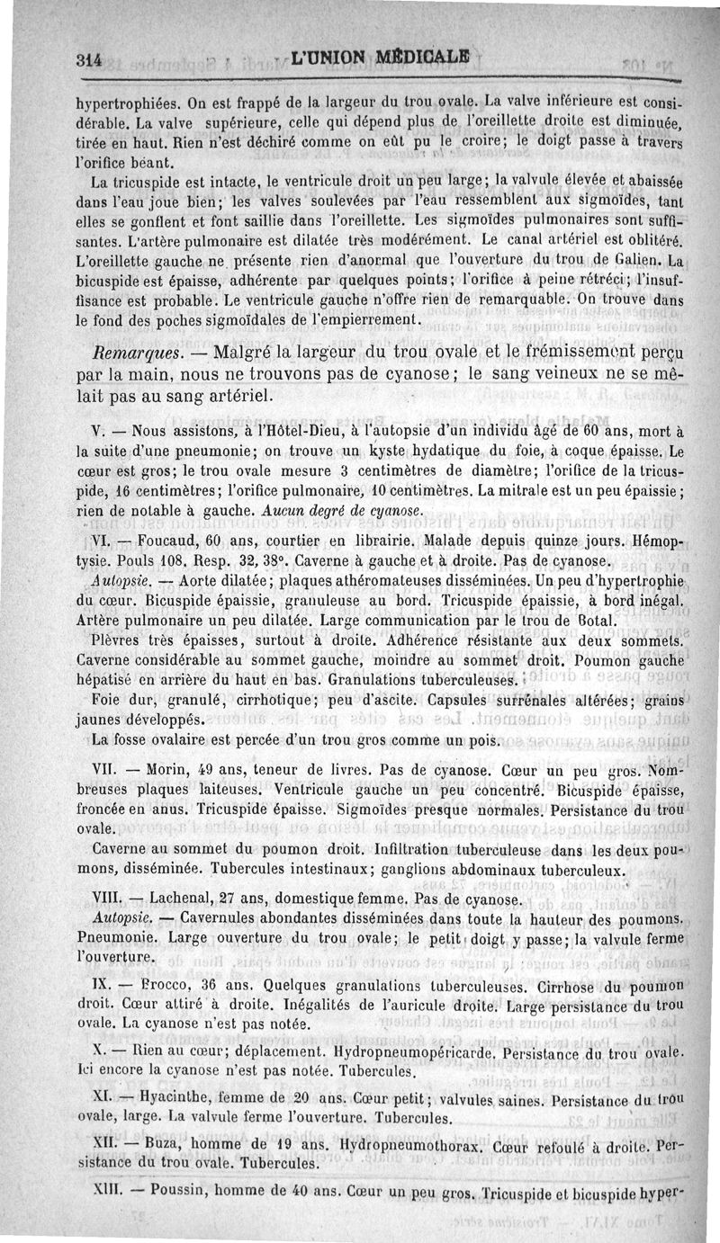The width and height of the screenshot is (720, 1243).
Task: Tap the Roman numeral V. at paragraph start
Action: tap(102, 430)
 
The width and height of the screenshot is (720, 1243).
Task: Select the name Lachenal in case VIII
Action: tap(184, 899)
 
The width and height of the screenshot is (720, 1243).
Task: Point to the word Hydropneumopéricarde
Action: tap(415, 1051)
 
